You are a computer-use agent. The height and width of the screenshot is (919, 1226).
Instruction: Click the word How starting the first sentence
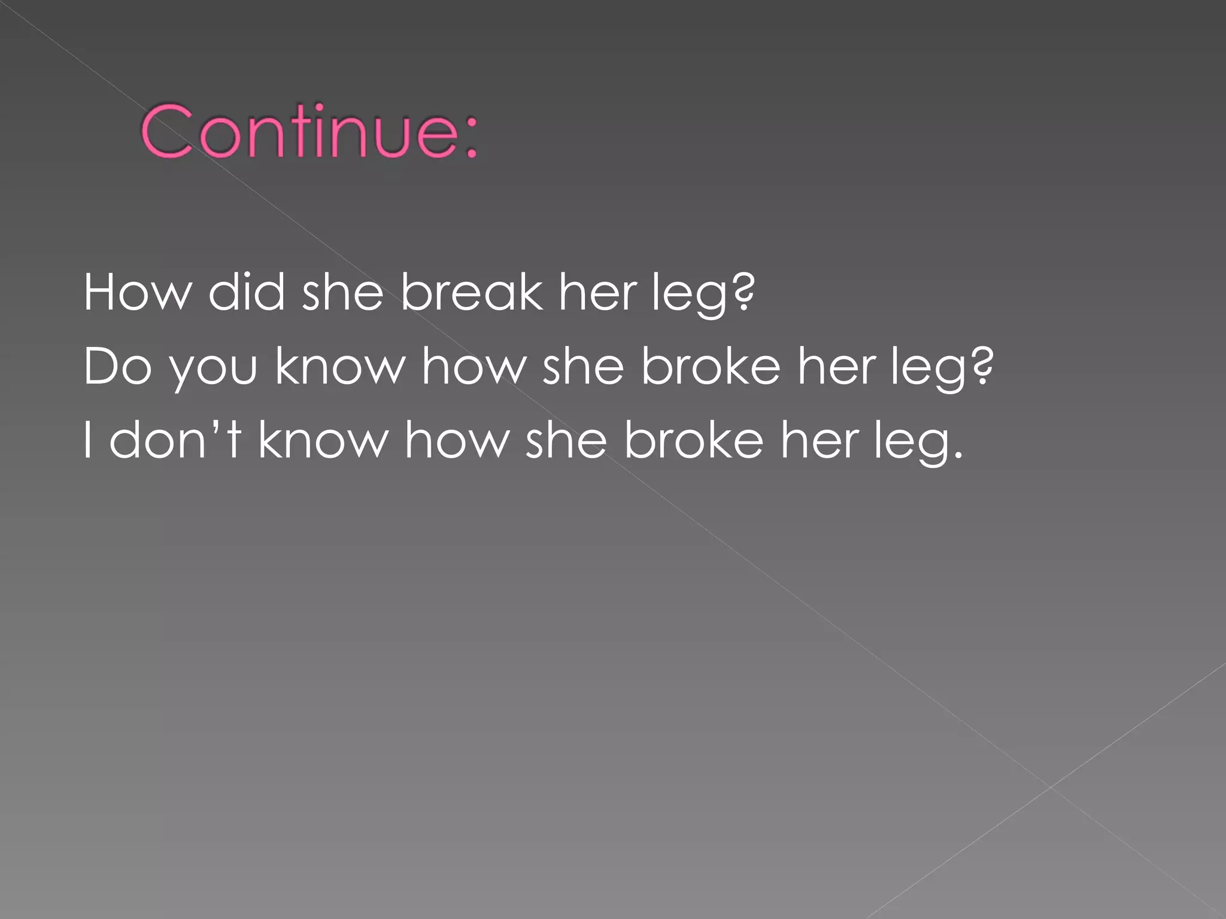pos(138,293)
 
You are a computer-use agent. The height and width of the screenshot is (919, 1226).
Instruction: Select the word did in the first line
pos(246,293)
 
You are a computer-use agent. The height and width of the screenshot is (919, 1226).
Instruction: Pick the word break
pos(471,293)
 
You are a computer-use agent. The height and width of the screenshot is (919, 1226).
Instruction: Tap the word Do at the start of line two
pos(117,366)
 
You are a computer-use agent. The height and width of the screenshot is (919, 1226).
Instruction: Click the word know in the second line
pos(339,366)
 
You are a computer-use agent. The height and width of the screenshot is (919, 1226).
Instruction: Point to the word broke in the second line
pos(711,366)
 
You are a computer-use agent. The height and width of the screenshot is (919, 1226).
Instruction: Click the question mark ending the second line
pos(982,366)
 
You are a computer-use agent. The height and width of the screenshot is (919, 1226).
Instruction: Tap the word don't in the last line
pos(175,440)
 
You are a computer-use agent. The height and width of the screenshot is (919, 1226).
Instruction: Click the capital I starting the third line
pos(88,440)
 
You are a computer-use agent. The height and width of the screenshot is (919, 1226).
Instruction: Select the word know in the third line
pos(323,440)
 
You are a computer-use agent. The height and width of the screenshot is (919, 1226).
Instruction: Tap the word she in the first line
pos(342,293)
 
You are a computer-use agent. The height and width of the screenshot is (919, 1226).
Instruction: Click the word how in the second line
pos(473,366)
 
